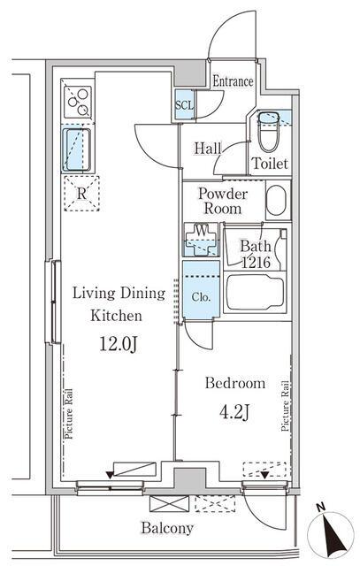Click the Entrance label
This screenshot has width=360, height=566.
233,81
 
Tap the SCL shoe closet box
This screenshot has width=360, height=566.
185,104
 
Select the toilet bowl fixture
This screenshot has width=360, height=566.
269,132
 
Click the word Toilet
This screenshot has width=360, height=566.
270,164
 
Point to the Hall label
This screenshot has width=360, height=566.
208,149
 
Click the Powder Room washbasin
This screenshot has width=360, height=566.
277,201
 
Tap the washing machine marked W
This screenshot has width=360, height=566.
202,239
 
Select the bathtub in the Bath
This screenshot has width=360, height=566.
255,292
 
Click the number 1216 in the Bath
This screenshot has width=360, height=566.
256,263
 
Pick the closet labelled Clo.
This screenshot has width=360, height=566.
201,289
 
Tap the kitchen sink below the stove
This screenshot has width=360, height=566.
77,149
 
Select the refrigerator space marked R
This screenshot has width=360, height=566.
81,194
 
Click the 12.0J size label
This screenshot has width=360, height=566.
118,344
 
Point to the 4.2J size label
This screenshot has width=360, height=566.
234,411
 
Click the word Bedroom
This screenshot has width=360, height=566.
235,383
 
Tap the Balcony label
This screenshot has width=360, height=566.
167,529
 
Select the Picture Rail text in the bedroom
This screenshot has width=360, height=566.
285,406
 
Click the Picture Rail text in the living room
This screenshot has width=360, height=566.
68,414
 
